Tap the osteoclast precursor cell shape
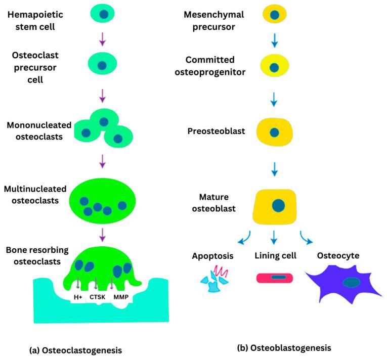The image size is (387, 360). tap(102, 65)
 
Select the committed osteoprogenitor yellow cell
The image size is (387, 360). tap(274, 66)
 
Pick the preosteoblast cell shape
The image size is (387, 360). tap(274, 132)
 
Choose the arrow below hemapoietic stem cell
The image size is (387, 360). tap(103, 38)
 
